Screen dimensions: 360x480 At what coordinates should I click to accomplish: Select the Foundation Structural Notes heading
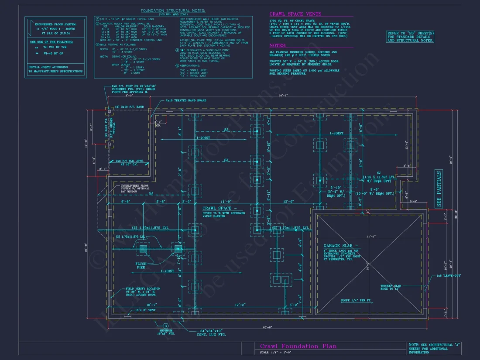[174, 10]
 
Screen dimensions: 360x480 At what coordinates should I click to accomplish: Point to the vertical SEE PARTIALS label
[439, 189]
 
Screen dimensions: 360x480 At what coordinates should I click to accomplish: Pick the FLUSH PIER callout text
[141, 266]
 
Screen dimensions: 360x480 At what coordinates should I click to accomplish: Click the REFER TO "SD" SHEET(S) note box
[410, 37]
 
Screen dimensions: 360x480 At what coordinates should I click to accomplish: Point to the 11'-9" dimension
[226, 202]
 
